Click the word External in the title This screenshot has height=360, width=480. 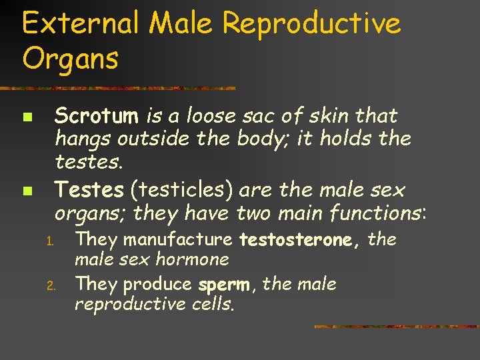pos(80,24)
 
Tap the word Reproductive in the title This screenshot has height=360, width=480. pos(312,24)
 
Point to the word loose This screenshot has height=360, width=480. pos(212,116)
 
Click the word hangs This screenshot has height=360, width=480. pos(83,139)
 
